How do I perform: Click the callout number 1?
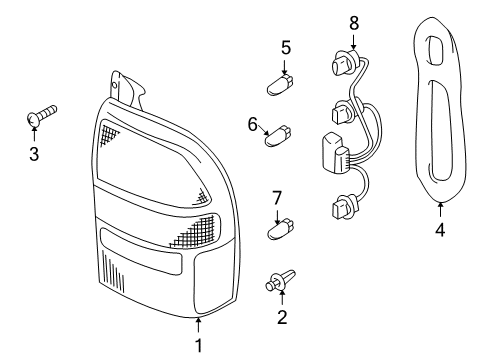pos(198,345)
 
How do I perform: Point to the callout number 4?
pos(440,228)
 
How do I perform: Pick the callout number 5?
pos(285,46)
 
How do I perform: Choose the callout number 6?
pos(253,123)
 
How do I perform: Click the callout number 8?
pos(353,21)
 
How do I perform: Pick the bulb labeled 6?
pos(280,135)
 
